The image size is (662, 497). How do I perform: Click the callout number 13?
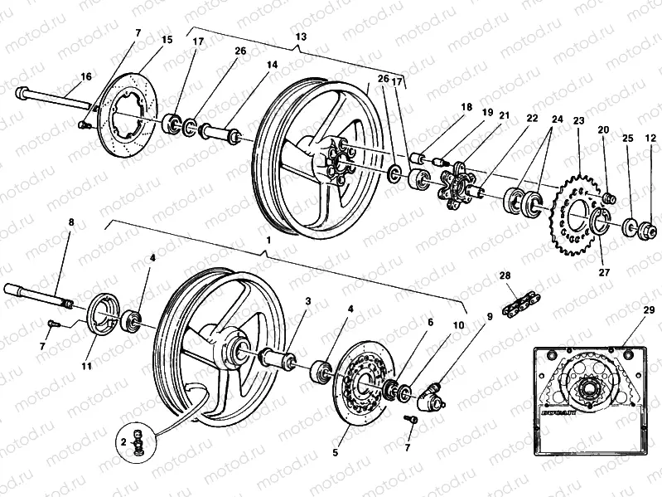point(300,37)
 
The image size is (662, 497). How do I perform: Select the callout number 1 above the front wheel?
point(267,239)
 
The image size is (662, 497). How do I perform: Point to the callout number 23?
point(578,121)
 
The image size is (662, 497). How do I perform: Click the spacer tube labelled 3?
point(278,358)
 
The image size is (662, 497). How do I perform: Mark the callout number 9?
point(489,316)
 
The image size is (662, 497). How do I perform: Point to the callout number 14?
point(272,64)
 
